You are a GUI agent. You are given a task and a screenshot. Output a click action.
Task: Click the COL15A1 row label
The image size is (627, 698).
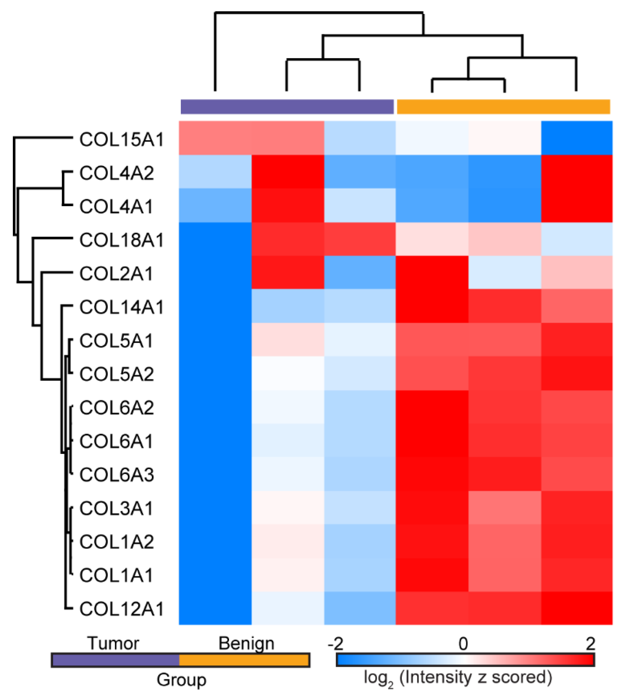coord(121,140)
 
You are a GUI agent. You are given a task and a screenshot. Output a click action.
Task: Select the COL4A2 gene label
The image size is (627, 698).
coord(117,173)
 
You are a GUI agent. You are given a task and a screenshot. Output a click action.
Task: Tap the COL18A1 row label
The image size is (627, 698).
coord(121,240)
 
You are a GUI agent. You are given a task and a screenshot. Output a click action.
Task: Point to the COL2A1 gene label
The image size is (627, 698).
coord(117,274)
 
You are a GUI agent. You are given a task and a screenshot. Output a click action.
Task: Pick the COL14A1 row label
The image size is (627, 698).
coord(121,307)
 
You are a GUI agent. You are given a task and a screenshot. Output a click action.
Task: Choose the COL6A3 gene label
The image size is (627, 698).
coord(117,475)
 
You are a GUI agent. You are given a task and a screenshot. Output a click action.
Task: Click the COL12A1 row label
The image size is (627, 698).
coord(121,609)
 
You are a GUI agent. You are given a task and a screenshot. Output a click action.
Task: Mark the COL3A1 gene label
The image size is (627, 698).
coord(117,508)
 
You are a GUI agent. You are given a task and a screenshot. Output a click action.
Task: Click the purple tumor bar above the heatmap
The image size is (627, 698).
coord(287,107)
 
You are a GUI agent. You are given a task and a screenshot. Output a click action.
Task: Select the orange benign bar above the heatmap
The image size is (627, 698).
coord(503,107)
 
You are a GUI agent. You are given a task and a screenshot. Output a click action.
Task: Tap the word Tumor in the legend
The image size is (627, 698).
coord(113,643)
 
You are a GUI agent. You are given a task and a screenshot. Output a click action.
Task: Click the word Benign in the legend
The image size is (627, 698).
coord(246,643)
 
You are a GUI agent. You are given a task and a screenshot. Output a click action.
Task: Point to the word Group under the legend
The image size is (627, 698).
coord(181,680)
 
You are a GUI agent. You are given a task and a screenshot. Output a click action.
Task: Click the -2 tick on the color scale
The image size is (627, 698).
coord(336,643)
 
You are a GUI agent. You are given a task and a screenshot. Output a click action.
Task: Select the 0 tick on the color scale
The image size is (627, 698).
coord(463,643)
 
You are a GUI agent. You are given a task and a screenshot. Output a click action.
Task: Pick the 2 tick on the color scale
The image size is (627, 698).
coord(590,643)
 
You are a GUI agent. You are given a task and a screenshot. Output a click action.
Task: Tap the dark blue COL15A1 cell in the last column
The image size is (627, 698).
coord(577,138)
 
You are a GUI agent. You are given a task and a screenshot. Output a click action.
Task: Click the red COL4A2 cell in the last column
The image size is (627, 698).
coord(577,171)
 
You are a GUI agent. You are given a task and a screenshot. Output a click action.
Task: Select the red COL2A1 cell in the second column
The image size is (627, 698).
coord(288,272)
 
